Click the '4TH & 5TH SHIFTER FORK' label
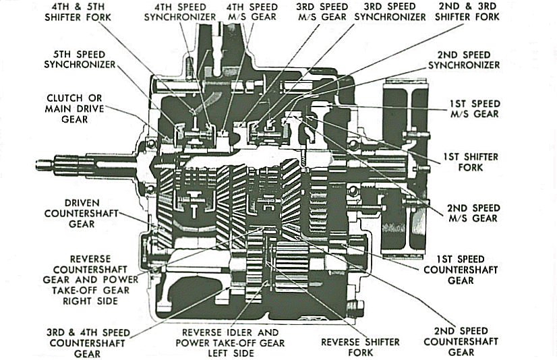click(78, 12)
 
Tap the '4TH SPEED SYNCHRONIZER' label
click(180, 12)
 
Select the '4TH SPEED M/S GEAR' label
click(252, 12)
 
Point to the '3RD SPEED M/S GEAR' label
click(322, 12)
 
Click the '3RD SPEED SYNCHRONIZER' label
click(390, 12)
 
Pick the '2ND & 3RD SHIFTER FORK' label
click(467, 11)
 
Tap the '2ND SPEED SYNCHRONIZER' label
click(464, 60)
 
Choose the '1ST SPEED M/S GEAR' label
click(475, 109)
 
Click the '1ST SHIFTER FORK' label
click(470, 162)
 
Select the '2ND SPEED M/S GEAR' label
click(473, 213)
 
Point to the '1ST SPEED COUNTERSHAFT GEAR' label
click(461, 270)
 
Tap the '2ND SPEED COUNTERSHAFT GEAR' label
click(461, 342)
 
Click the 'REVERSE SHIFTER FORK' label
click(360, 347)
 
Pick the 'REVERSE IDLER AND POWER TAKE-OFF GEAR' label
click(230, 343)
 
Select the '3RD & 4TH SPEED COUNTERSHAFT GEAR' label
click(88, 343)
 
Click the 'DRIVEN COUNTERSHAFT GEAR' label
click(82, 214)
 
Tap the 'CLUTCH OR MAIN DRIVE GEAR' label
click(74, 109)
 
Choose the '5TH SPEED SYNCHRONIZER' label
click(80, 59)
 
